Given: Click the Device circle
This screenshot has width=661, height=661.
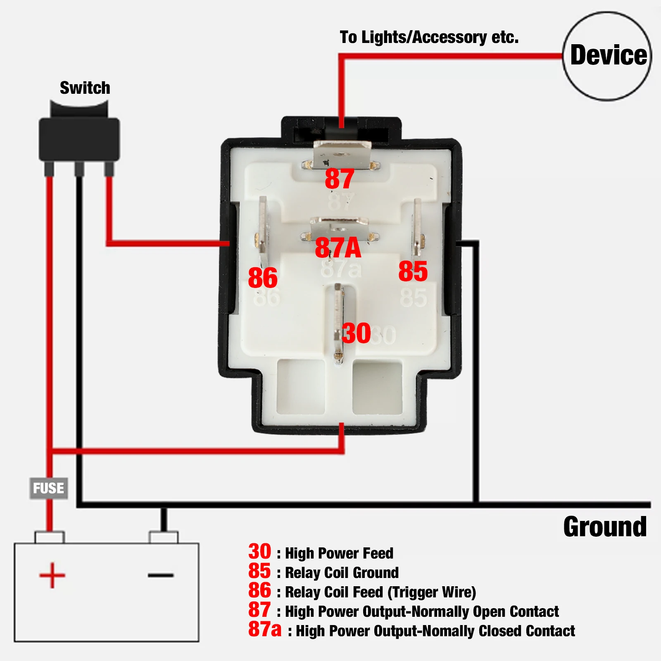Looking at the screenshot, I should tap(607, 56).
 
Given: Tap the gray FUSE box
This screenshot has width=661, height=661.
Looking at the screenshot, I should tap(49, 488).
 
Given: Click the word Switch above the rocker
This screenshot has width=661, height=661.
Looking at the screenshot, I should tap(85, 88).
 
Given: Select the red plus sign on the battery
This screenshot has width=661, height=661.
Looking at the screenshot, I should tap(52, 575).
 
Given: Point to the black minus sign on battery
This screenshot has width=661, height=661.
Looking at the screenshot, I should tap(161, 575).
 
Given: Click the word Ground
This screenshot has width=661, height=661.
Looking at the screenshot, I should tap(605, 527).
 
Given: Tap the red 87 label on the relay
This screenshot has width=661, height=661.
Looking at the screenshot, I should tap(340, 179).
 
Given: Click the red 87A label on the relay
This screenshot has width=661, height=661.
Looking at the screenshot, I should tap(338, 248).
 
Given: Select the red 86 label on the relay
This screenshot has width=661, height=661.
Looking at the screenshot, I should tap(263, 278).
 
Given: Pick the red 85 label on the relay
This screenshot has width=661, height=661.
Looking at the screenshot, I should tap(413, 271).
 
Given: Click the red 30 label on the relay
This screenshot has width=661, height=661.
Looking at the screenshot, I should tap(356, 333).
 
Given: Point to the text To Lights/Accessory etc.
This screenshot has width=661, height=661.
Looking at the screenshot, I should tap(429, 37).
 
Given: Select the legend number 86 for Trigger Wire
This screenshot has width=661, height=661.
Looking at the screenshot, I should tap(259, 590).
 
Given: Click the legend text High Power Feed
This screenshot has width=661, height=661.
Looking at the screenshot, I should tap(339, 553).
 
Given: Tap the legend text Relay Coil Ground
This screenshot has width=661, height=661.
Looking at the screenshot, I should tap(342, 573).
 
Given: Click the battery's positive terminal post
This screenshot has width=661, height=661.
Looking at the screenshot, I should tap(50, 537).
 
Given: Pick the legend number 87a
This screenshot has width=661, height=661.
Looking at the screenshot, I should tap(264, 629).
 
